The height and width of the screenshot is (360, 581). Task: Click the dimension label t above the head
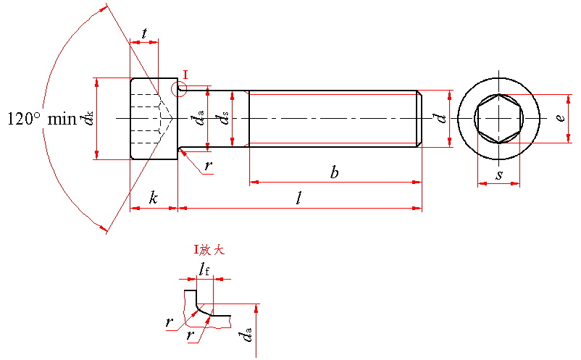tap(145, 33)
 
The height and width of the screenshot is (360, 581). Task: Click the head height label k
tap(154, 198)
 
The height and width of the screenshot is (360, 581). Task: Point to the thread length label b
tap(334, 172)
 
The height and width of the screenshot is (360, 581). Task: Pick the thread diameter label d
tap(437, 118)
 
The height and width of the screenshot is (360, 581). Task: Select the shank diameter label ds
tap(225, 118)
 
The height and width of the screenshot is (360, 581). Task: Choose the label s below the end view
tap(499, 175)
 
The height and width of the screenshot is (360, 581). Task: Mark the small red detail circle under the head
tap(179, 88)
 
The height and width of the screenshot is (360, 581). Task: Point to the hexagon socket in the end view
tap(499, 118)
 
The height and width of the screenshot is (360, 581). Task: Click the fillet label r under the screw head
tap(209, 166)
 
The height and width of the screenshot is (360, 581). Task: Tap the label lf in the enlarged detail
tap(204, 270)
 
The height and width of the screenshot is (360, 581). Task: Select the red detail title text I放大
tap(209, 250)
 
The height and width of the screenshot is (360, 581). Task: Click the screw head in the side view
tap(154, 118)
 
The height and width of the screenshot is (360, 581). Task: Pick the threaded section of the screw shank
tap(333, 118)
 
